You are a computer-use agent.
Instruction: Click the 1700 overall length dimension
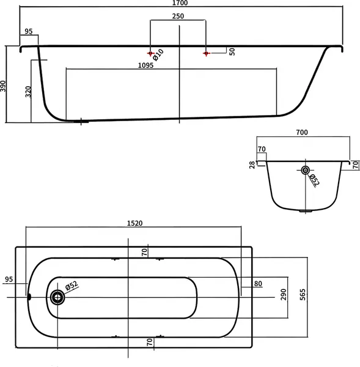click(x=180, y=3)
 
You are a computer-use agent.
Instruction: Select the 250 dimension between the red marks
click(x=178, y=16)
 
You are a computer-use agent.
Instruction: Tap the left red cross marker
click(x=150, y=54)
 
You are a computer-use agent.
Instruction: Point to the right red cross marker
click(x=206, y=54)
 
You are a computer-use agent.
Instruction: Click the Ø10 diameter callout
click(x=158, y=55)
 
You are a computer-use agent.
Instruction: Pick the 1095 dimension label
click(x=145, y=65)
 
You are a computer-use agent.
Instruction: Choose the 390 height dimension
click(x=3, y=86)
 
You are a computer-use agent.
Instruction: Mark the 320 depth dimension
click(x=28, y=92)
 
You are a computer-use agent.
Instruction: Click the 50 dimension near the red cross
click(x=232, y=52)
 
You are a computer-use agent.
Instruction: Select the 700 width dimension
click(x=302, y=133)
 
